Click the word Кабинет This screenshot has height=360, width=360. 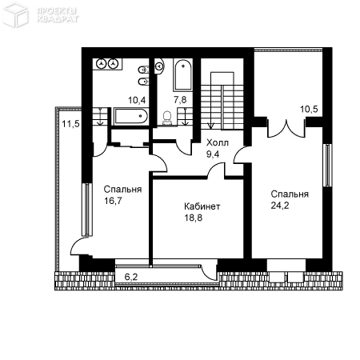[x=202, y=206]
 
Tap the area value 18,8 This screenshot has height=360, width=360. [x=194, y=218]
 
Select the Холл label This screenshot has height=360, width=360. [x=218, y=142]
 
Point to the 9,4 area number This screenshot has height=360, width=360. [x=213, y=154]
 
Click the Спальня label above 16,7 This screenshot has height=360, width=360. [x=122, y=190]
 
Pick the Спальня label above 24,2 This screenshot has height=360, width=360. [x=290, y=194]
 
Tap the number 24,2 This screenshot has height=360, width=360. [x=280, y=206]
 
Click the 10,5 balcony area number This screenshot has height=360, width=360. [x=309, y=109]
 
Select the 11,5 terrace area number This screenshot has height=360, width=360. [x=70, y=124]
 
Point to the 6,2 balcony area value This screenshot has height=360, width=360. [x=131, y=277]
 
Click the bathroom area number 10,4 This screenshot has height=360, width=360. [x=137, y=100]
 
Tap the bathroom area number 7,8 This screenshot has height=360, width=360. [x=180, y=100]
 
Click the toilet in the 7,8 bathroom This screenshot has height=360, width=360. [x=167, y=118]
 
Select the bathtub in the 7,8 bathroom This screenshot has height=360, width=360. [x=183, y=75]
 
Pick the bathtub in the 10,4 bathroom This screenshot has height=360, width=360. [x=131, y=116]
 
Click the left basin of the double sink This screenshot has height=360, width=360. [x=101, y=64]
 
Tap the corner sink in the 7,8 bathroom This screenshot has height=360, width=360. [x=159, y=66]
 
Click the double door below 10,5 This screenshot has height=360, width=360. [x=286, y=129]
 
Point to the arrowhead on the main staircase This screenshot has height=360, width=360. [x=211, y=126]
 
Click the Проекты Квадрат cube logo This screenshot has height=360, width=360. [x=15, y=14]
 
